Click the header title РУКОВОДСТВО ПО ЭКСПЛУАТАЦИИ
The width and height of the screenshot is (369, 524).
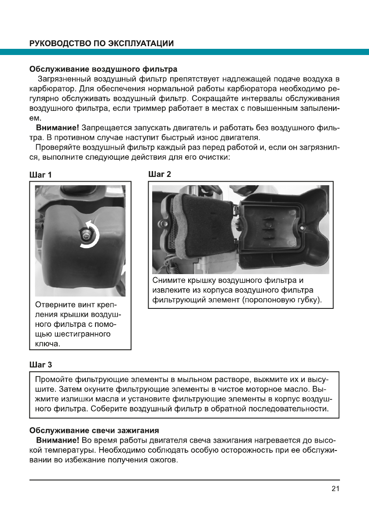point(101,43)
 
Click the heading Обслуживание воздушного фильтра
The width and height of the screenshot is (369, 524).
point(103,70)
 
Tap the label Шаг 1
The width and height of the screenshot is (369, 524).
point(40,175)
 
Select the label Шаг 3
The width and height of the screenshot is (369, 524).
point(40,364)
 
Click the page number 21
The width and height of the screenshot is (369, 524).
point(335,488)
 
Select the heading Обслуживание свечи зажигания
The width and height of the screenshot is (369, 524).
point(94,429)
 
